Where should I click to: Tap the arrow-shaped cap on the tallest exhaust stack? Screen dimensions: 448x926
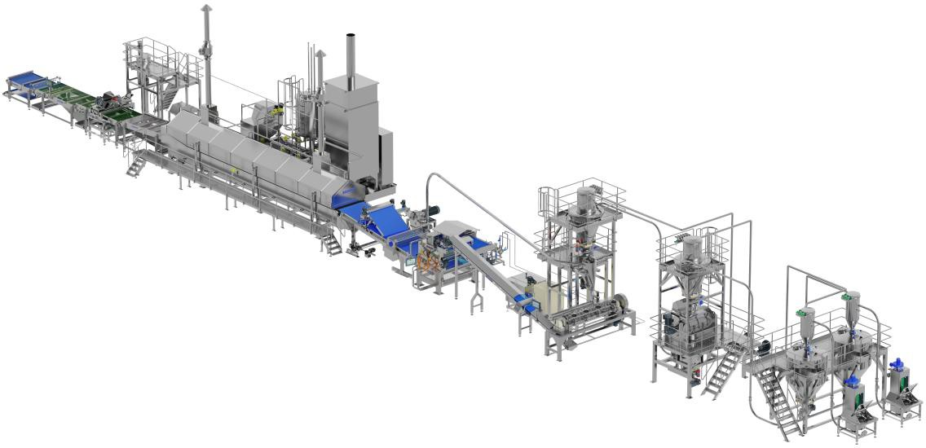[205, 10]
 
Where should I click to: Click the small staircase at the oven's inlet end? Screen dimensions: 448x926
[136, 163]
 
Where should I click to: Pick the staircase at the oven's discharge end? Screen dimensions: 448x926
[331, 242]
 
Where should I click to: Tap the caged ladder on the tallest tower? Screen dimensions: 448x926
[546, 204]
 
